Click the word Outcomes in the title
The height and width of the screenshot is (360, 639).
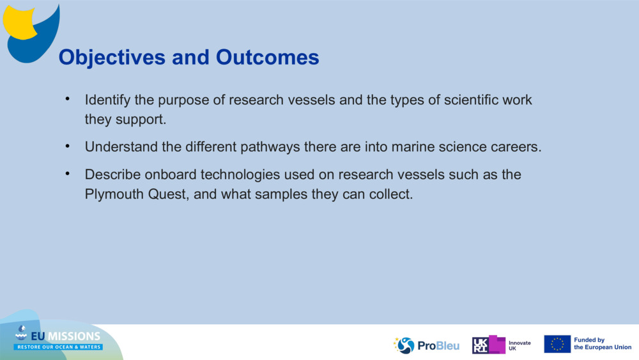[267, 58]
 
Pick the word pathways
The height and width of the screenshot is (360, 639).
[270, 147]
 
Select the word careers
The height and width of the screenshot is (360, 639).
[516, 147]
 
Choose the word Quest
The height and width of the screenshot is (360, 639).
[168, 194]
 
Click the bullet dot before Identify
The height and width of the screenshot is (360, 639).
[67, 100]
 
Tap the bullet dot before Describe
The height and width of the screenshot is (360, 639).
[67, 174]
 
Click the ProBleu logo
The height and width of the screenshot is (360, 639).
[427, 345]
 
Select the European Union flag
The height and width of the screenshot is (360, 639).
[557, 344]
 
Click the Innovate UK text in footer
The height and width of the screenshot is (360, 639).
[519, 345]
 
